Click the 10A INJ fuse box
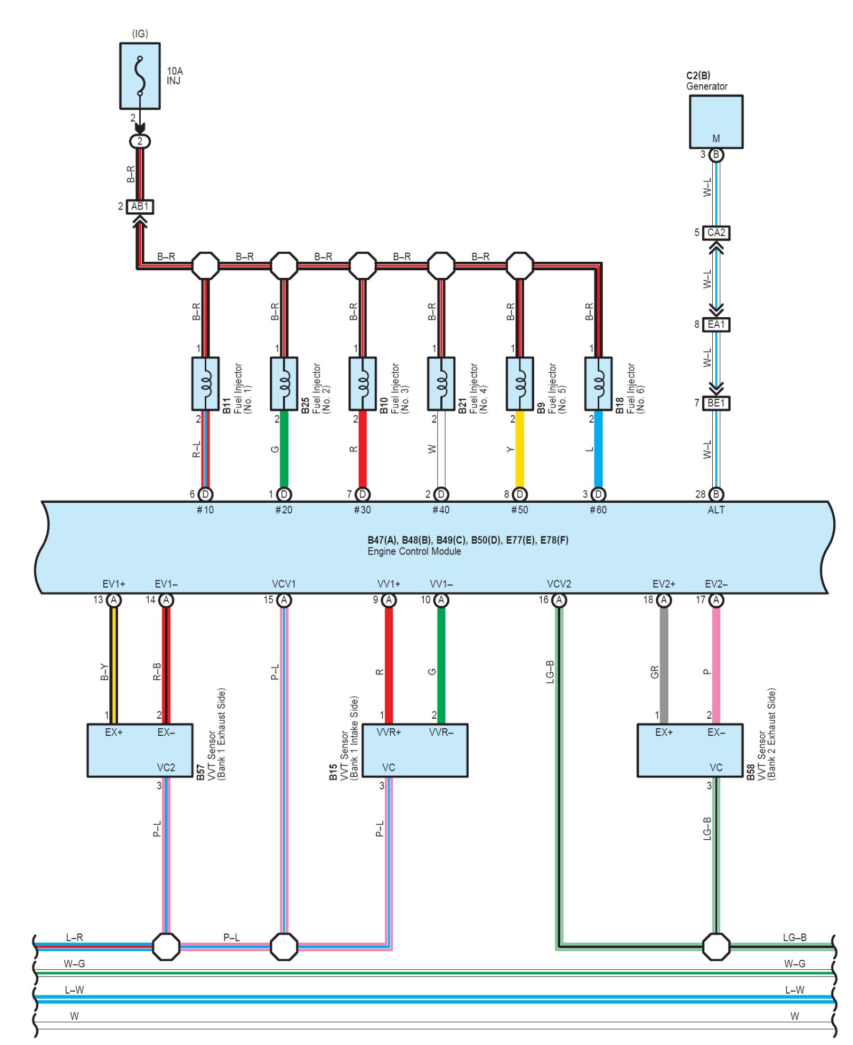(x=140, y=76)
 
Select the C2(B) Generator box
(x=716, y=122)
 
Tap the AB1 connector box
(x=140, y=206)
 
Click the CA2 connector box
(x=716, y=233)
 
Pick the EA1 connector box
(x=716, y=325)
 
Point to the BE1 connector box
(x=716, y=403)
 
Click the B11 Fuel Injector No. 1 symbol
(x=205, y=384)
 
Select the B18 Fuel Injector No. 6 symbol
(x=598, y=384)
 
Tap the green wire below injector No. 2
(x=284, y=449)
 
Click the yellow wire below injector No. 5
(x=520, y=449)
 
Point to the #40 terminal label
(x=441, y=510)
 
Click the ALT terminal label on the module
(x=716, y=510)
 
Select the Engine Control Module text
(x=414, y=551)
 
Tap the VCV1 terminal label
(x=284, y=584)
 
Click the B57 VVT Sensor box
(x=140, y=750)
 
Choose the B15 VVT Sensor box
(x=415, y=750)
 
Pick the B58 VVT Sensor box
(x=690, y=750)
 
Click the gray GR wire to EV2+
(x=664, y=665)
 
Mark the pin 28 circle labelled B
(x=716, y=494)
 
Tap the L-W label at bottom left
(x=74, y=990)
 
